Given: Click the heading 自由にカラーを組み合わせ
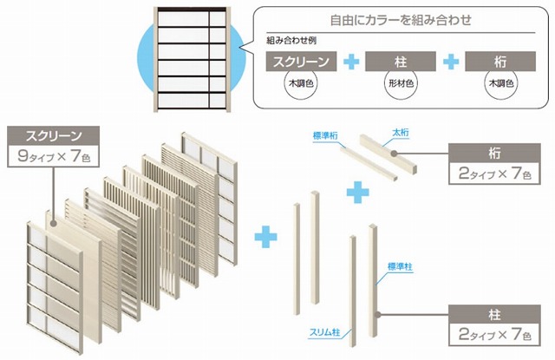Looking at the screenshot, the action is pos(401,20).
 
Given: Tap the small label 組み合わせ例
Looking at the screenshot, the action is pos(291,41).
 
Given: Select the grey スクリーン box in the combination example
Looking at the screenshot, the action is pos(301,62).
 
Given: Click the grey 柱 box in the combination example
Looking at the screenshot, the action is pos(401,62).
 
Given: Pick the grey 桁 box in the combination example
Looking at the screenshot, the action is pos(500,62).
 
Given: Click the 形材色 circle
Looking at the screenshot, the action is pos(401,83).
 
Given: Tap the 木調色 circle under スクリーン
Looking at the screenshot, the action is pos(301,83).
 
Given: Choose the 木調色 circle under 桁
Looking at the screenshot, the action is pos(501,83).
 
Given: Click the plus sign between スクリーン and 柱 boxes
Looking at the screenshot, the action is pos(351,62).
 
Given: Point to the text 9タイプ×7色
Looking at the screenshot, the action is pos(54,156).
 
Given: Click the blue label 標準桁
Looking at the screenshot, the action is pos(325,136).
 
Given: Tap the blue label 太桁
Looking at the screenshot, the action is pos(401,133).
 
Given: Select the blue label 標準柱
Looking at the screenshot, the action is pos(400,266).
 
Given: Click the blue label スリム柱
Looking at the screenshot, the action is pos(324,332).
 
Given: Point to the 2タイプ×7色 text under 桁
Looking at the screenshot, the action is pos(494,173).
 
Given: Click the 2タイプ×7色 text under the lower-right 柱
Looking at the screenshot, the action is pos(494,334).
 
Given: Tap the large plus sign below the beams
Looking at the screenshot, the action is pos(357,193).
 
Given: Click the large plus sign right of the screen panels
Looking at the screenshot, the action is pos(266,236).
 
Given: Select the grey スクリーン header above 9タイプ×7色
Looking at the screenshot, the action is pos(54,135).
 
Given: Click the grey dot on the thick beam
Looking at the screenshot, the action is pos(394,154).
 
